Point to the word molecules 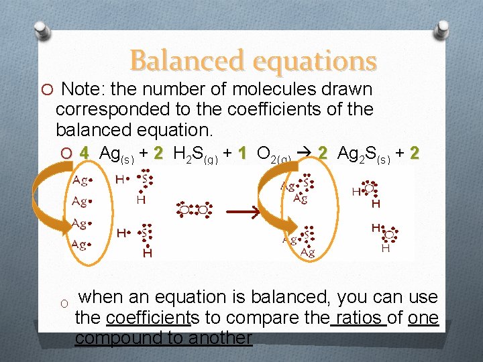[268, 89]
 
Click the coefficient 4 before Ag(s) [84, 154]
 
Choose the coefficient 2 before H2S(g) [158, 154]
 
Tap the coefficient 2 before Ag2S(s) [323, 154]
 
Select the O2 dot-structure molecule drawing [193, 208]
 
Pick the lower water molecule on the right [384, 237]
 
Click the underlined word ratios [359, 317]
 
